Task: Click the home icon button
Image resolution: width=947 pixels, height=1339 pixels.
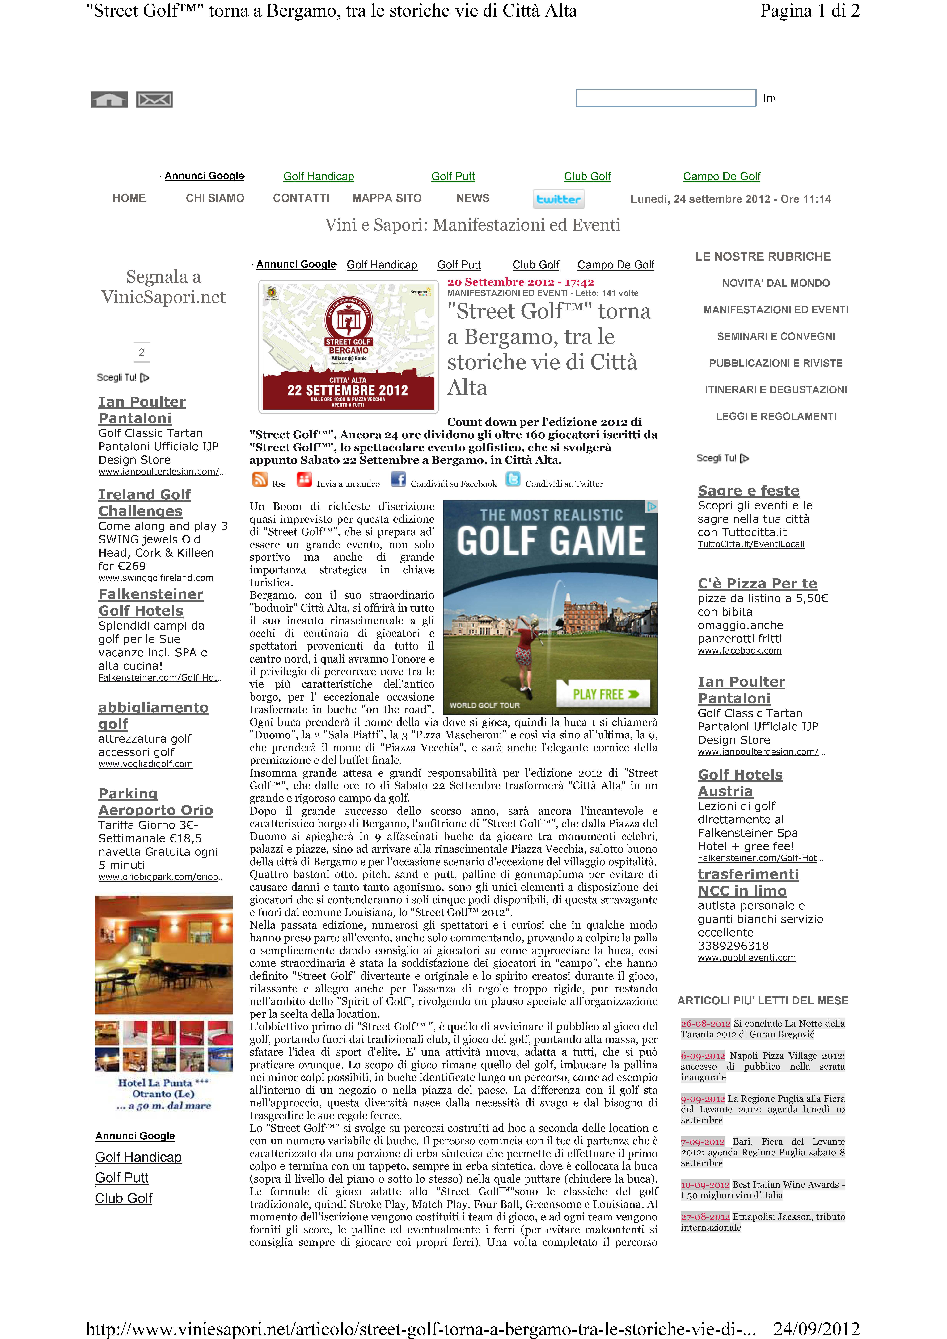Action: (x=109, y=100)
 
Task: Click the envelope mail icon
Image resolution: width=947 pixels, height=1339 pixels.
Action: (x=155, y=100)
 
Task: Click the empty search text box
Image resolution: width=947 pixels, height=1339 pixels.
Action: (x=666, y=98)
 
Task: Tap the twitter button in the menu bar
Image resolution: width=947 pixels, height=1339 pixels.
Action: (x=558, y=199)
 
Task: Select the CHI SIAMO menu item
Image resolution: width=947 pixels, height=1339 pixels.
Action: (x=215, y=198)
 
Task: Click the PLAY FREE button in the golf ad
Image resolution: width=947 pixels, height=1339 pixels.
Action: (x=603, y=694)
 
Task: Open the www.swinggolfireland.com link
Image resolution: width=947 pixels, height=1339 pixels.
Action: (x=156, y=578)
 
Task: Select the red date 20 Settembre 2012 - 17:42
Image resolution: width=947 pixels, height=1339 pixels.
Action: (x=520, y=282)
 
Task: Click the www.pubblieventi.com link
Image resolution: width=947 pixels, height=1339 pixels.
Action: (x=746, y=958)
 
